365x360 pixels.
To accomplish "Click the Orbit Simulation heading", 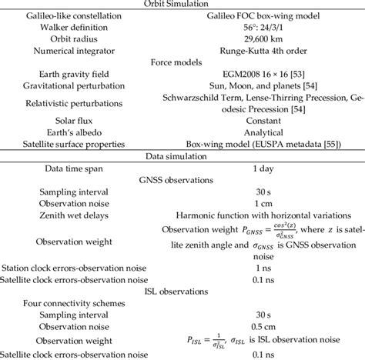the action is click(x=182, y=4).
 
